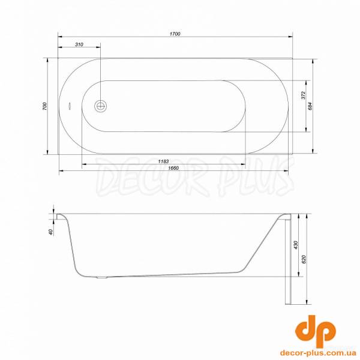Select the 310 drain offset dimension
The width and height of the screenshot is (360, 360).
(79, 46)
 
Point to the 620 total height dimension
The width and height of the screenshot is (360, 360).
(305, 259)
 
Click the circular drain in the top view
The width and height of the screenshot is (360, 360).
(100, 106)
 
